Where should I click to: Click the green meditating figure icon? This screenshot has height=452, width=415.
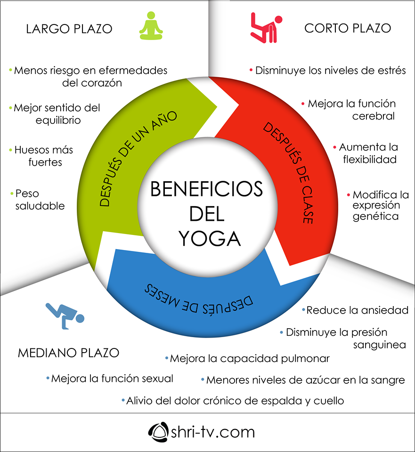151,26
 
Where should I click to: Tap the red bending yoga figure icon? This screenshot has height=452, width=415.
266,27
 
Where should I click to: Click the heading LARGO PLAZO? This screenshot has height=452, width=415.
69,29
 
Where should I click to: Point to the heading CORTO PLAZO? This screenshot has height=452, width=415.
348,28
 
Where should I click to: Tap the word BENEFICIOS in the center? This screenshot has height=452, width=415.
206,189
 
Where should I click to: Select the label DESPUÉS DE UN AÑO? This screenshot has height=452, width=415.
138,158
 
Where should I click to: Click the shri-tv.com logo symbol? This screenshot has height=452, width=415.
158,431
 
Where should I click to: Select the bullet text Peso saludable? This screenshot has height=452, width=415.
39,200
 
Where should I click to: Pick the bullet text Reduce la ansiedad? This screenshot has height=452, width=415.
357,310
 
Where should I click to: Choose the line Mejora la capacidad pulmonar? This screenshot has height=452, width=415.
249,358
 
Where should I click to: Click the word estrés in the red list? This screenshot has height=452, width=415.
389,71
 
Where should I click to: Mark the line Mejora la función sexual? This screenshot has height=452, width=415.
112,378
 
